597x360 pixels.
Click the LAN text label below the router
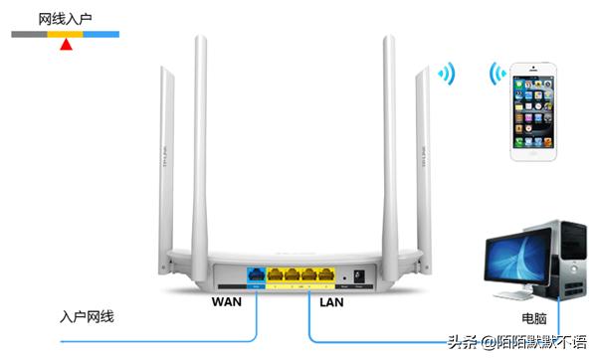click(x=334, y=299)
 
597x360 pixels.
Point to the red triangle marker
click(x=66, y=44)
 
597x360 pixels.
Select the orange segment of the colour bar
click(x=66, y=34)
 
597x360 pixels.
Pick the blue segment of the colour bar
click(x=101, y=34)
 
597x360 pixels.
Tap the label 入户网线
click(x=87, y=316)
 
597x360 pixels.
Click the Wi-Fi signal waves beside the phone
click(x=496, y=75)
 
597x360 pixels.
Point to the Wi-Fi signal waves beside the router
click(x=448, y=74)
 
